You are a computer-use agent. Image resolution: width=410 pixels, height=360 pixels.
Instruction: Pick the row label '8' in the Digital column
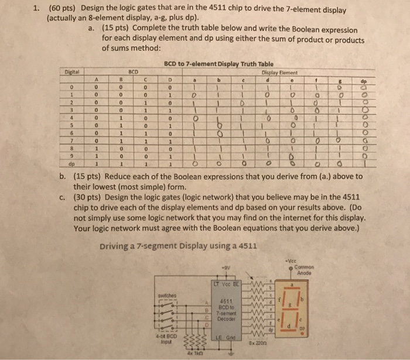coord(70,148)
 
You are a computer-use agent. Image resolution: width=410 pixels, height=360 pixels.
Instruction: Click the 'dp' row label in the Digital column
coord(70,164)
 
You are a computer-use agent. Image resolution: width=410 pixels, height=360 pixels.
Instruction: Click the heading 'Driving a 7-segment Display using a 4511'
coord(178,245)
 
